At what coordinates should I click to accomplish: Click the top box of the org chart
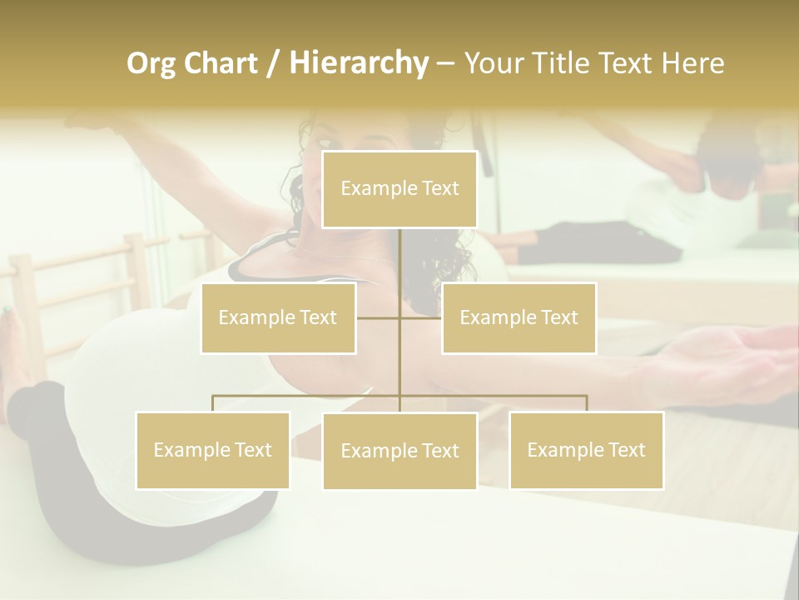coord(399,189)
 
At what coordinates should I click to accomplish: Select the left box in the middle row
coord(278,317)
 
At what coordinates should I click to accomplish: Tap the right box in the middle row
coord(519,317)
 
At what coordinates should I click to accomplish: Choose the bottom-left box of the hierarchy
coord(213,450)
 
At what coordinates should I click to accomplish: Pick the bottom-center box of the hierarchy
coord(399,451)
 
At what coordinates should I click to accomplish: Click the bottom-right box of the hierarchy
coord(586,450)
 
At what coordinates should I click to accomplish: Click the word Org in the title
coord(151,63)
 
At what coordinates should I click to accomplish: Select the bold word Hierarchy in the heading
coord(358,63)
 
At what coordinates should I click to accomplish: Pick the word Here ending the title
coord(692,63)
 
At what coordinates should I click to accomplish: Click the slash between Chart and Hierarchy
coord(273,63)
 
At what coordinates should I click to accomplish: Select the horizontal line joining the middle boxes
coord(379,317)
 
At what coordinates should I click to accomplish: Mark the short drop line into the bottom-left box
coord(213,403)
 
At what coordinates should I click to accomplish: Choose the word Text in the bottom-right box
coord(625,450)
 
